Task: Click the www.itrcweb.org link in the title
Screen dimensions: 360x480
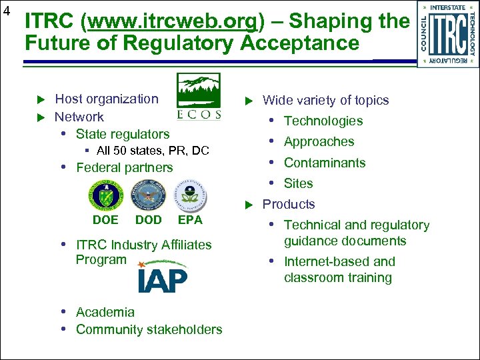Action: click(x=172, y=22)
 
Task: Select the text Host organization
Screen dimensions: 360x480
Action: click(x=107, y=99)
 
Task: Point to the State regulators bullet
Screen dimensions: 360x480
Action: click(x=123, y=134)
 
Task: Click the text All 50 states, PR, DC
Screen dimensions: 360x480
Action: click(x=153, y=151)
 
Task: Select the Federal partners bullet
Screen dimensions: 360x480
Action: click(x=124, y=167)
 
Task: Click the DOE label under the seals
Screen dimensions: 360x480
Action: click(x=105, y=220)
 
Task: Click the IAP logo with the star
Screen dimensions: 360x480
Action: click(x=163, y=277)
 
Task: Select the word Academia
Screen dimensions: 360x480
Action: click(x=105, y=312)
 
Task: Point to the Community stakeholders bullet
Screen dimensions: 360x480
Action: click(x=149, y=329)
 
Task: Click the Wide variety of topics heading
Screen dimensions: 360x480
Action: click(x=325, y=101)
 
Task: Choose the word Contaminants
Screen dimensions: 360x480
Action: click(x=325, y=163)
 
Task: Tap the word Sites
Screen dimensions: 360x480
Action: click(x=298, y=183)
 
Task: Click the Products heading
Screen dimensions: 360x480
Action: click(x=289, y=204)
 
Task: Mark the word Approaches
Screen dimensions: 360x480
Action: click(x=319, y=141)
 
